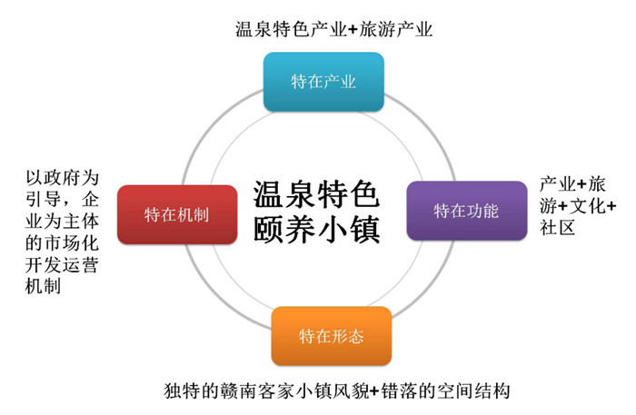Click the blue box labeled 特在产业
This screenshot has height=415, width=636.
tap(323, 82)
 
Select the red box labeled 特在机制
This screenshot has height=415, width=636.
tap(177, 214)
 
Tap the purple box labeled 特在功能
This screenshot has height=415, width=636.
tap(467, 211)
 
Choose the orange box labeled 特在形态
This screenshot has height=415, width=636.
tap(332, 336)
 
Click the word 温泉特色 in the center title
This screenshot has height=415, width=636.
tap(316, 194)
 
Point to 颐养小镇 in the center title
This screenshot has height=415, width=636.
tap(316, 230)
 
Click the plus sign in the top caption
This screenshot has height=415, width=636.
tap(353, 30)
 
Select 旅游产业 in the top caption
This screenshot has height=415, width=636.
tap(395, 30)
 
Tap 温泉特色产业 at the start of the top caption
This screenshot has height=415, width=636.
tap(292, 30)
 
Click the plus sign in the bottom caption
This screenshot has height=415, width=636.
tap(374, 391)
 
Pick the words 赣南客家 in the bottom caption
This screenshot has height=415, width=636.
tap(258, 391)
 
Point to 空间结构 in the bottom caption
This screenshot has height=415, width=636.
tap(472, 391)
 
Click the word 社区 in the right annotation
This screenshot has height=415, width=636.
tap(557, 227)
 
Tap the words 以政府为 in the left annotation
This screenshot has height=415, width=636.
tap(62, 177)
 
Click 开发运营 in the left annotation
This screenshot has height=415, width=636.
tap(62, 265)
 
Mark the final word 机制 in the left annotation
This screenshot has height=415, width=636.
tap(43, 287)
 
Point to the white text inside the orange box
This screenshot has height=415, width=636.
tap(332, 336)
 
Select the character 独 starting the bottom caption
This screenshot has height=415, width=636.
tap(174, 391)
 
